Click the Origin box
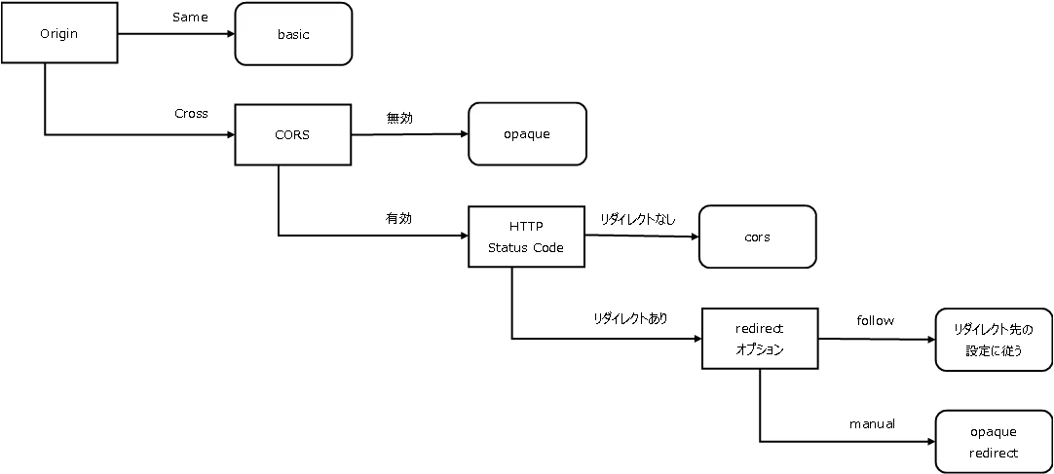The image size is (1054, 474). [59, 33]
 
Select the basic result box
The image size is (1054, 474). [293, 34]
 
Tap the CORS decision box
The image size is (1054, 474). [292, 134]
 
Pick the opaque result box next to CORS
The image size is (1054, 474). [527, 133]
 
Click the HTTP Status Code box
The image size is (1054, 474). [526, 237]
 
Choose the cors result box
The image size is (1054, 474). [758, 237]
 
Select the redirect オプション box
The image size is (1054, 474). [760, 339]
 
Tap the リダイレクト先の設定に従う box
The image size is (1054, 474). [994, 339]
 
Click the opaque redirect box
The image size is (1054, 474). [994, 442]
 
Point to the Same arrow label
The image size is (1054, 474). [190, 18]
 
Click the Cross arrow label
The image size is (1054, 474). [192, 114]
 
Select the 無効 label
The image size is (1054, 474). [399, 118]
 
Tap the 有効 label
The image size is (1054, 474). [398, 218]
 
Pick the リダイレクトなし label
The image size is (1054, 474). [637, 219]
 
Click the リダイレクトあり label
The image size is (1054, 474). [630, 319]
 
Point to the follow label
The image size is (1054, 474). [875, 320]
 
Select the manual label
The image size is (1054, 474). [872, 423]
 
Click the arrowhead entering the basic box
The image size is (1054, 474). [231, 33]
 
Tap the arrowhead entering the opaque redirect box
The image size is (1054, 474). [931, 442]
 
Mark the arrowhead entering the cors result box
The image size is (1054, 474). [696, 237]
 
